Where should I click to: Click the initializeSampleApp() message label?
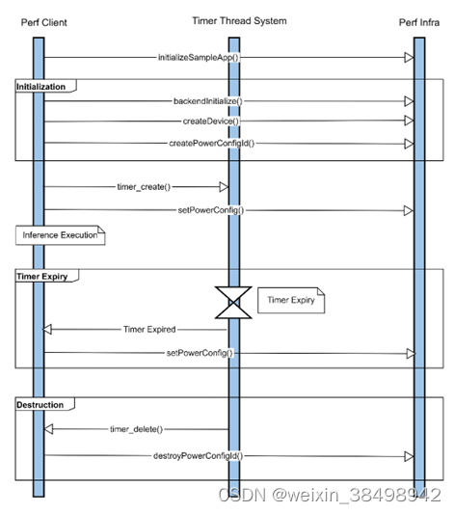tap(198, 58)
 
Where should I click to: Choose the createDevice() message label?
tap(210, 121)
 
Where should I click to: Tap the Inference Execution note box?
tap(60, 234)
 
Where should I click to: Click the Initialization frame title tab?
tap(41, 87)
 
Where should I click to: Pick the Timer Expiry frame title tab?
tap(42, 276)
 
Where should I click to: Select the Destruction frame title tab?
tap(40, 405)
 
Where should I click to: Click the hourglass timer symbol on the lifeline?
tap(231, 302)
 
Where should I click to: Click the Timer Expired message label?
tap(148, 329)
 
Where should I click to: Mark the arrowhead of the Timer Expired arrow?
tap(50, 329)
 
